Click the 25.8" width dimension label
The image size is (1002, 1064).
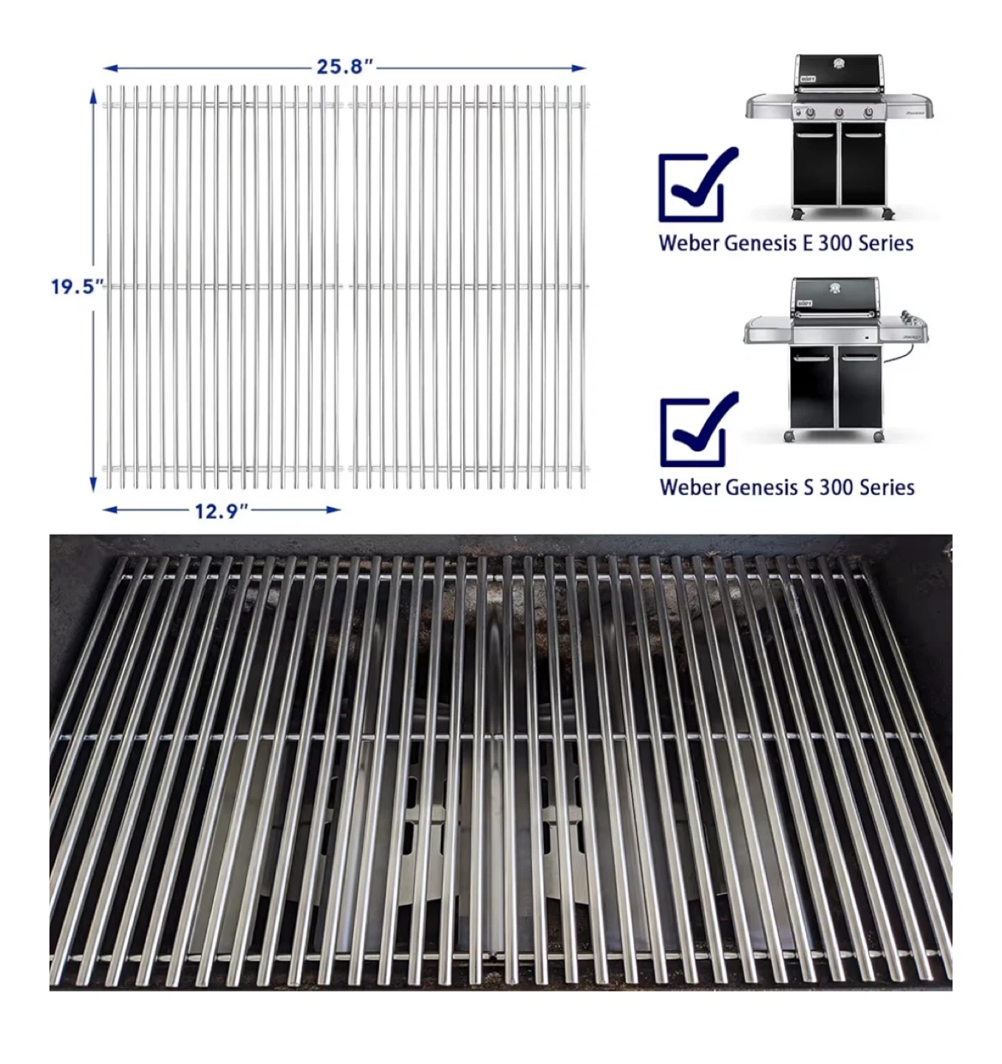344,67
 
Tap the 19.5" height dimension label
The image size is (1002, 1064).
76,287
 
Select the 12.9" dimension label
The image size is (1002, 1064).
221,511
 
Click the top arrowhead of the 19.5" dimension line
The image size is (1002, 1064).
93,98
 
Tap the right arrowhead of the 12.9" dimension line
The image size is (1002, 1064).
333,510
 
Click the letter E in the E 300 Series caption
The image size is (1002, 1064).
807,243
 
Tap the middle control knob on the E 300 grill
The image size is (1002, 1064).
839,112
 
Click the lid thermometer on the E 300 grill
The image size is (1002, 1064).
839,64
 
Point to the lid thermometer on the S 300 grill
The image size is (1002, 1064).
834,288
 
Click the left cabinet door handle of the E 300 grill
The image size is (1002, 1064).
816,135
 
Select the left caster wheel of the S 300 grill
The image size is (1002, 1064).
789,437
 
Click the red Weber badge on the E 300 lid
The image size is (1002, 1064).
807,79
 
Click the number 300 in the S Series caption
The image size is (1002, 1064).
837,488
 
